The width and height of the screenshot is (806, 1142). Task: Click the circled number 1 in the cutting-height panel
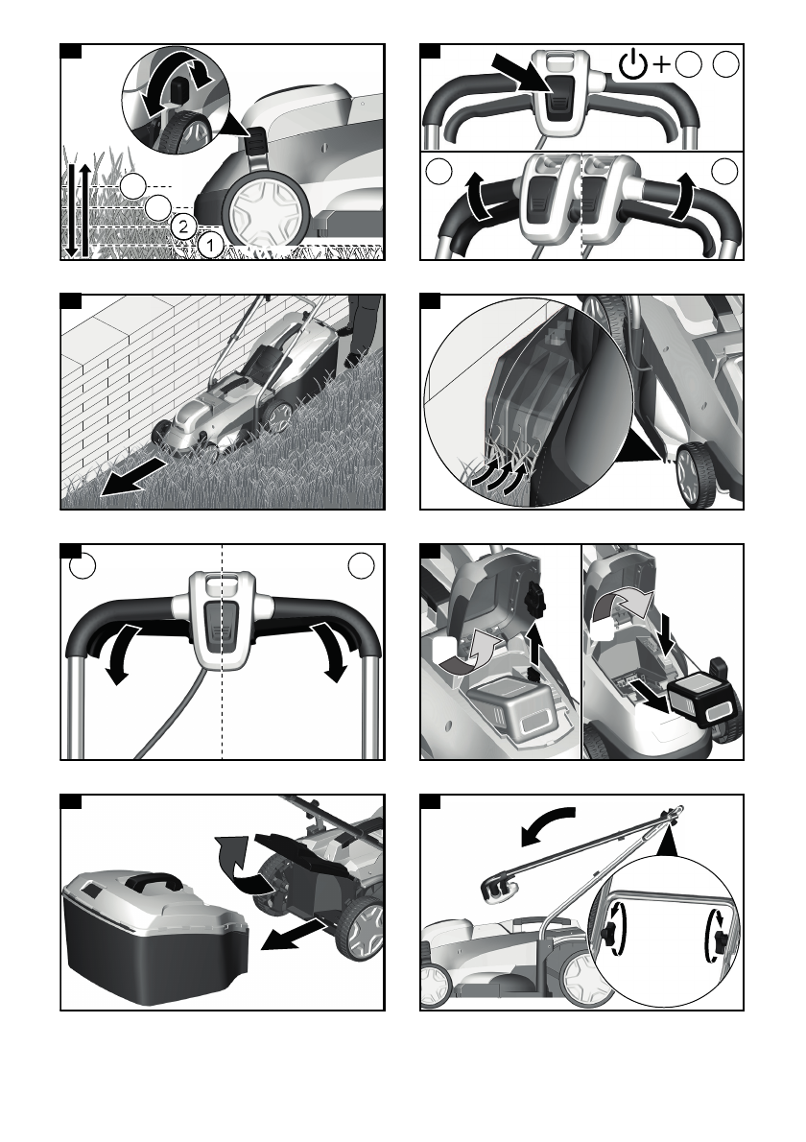pos(210,245)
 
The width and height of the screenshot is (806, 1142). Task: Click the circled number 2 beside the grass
pos(183,226)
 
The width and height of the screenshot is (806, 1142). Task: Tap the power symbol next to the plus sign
pos(632,65)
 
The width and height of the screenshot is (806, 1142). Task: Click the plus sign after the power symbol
pos(661,65)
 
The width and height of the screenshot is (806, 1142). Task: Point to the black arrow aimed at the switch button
pos(518,73)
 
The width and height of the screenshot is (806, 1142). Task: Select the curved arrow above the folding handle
pos(548,825)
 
